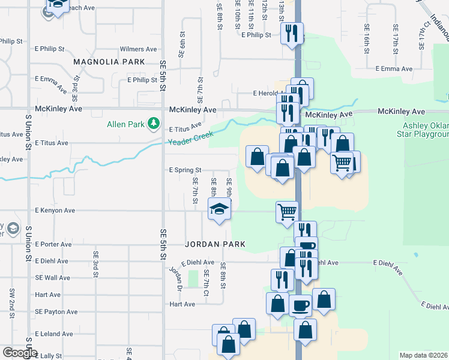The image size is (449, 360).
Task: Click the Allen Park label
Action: tap(124, 125)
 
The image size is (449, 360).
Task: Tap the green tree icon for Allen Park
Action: tap(154, 124)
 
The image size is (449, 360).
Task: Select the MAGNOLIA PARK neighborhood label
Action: tap(109, 62)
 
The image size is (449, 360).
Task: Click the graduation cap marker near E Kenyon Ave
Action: tap(219, 210)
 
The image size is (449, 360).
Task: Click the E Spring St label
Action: tap(185, 170)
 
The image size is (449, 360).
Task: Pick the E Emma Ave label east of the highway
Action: tap(394, 69)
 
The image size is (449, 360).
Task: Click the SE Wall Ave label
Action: tap(52, 278)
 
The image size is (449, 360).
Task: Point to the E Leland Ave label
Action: tap(54, 334)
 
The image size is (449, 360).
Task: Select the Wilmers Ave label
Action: tap(138, 49)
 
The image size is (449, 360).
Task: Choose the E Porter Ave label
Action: tap(53, 244)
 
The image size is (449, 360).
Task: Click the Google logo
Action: tap(19, 353)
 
